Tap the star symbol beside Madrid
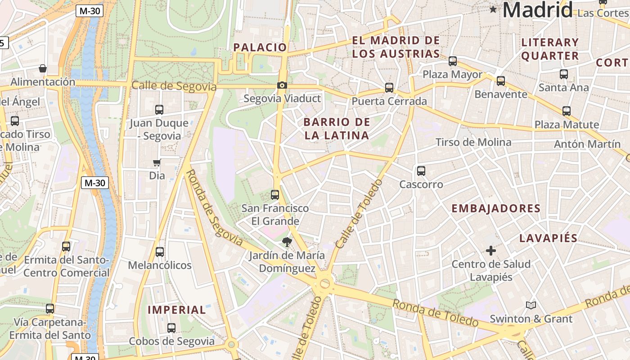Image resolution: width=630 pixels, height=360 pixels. pos(493,9)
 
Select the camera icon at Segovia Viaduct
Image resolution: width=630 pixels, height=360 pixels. pos(282,85)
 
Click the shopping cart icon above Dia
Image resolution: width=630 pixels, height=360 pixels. pos(157,162)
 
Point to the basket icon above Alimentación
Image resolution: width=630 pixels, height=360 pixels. pos(43,68)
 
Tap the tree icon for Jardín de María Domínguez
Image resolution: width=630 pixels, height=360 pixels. pos(287,243)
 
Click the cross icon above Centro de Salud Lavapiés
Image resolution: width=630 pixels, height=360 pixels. pos(491,250)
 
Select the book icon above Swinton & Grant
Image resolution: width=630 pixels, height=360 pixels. pos(531,305)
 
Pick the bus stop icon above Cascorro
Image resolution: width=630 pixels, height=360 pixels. pos(421,171)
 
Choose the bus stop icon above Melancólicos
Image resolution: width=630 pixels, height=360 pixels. pos(160,252)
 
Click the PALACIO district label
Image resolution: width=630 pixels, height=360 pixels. pos(260,47)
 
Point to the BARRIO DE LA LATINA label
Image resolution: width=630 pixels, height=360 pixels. pos(337,129)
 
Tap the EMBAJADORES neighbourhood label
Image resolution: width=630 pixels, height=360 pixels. pos(496,208)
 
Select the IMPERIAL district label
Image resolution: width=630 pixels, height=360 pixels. pos(177,310)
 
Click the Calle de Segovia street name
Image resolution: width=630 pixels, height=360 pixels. pos(174,86)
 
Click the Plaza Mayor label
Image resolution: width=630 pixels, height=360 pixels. pos(452,74)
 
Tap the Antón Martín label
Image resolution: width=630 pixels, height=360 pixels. pos(587,144)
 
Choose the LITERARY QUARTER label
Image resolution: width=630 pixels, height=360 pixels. pos(550,49)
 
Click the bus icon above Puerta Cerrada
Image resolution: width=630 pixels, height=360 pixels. pos(389,88)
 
